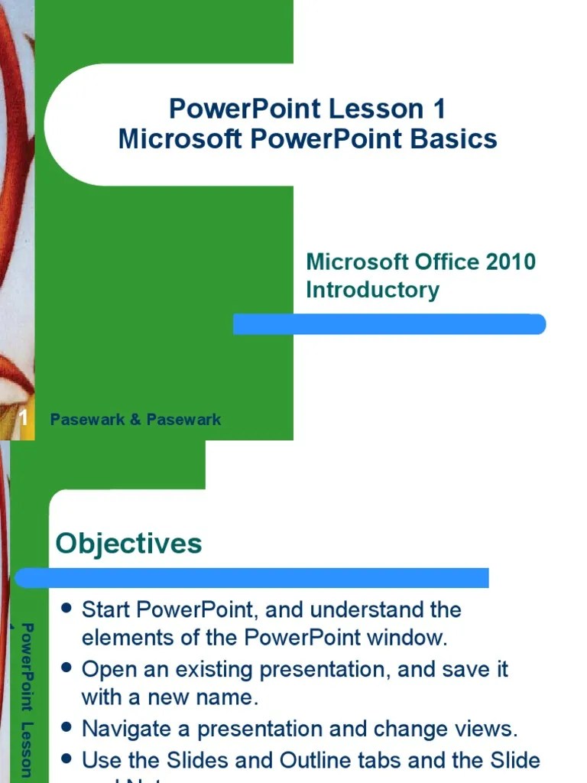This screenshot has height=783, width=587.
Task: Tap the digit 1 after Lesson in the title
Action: point(438,109)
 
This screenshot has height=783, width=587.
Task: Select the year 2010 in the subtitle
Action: point(510,262)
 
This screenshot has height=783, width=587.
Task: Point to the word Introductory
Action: point(372,290)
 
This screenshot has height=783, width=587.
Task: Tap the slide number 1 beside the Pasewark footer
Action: point(24,419)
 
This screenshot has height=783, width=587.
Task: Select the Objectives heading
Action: point(128,544)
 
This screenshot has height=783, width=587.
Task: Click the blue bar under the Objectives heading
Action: point(252,577)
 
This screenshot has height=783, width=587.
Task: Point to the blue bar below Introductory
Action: point(390,324)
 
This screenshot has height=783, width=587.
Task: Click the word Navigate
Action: point(127,729)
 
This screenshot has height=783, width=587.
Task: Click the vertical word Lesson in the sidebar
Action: point(27,749)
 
